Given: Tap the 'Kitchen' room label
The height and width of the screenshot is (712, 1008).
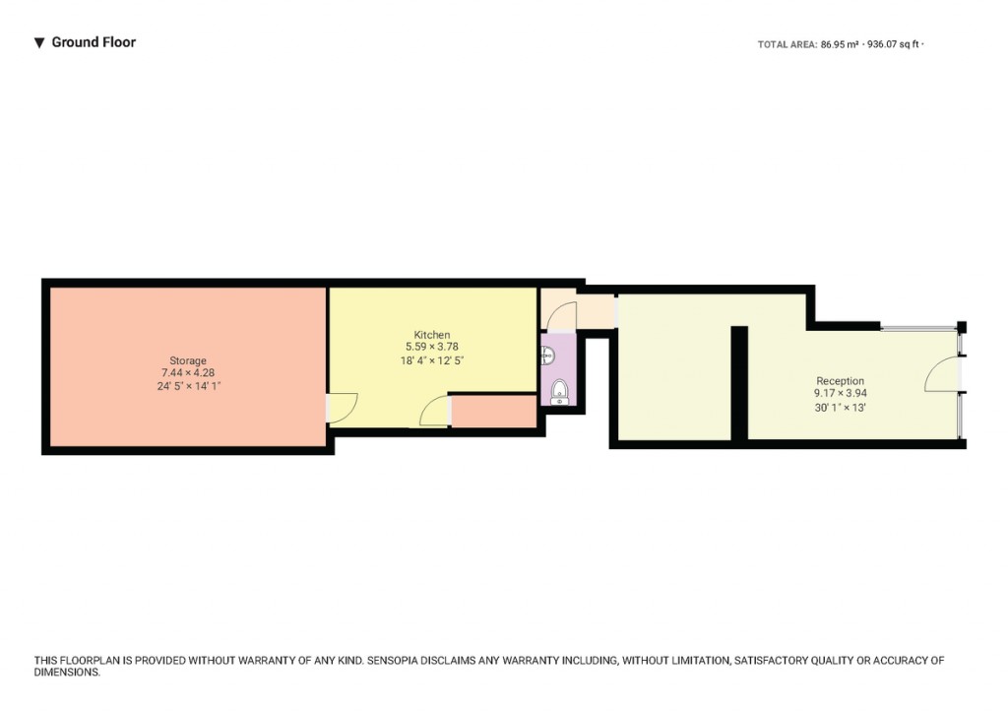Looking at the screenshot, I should (x=432, y=335).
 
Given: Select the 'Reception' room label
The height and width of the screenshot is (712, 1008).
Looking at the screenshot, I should (x=840, y=381).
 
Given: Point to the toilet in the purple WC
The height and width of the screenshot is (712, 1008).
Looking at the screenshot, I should (x=559, y=392).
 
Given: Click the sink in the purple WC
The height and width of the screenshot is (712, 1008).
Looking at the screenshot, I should (x=547, y=356).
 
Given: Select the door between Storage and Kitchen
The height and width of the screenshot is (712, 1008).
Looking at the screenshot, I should (x=341, y=408).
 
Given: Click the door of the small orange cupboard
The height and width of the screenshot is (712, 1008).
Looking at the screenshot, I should (x=434, y=414).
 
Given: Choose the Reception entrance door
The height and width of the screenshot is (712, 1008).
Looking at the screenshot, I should (x=942, y=375).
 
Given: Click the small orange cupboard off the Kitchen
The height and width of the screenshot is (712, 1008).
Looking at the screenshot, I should (x=493, y=412).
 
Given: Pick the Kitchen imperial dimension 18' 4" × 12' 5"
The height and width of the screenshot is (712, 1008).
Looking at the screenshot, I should (x=432, y=360).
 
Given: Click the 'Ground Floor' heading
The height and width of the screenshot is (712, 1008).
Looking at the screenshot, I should (x=94, y=42).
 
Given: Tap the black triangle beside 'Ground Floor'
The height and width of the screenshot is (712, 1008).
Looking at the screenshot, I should (x=39, y=43).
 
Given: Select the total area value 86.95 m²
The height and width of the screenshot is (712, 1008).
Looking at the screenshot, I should (x=840, y=44).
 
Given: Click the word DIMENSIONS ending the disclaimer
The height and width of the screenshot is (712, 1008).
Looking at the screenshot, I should (x=66, y=673).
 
